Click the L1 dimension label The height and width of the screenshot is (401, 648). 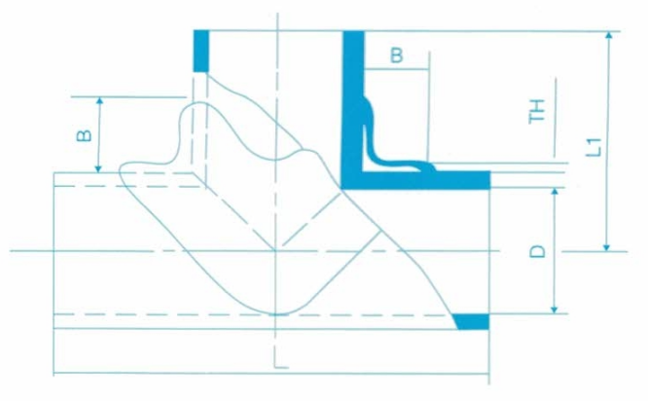(594, 147)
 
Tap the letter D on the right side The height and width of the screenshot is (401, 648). (538, 251)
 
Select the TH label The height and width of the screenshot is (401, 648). (537, 111)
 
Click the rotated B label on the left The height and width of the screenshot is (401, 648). (85, 135)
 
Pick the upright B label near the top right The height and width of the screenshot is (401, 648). (396, 55)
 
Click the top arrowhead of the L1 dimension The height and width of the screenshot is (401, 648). (608, 35)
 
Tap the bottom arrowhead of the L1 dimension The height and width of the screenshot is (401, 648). (606, 247)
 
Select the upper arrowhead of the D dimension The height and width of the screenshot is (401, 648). (555, 192)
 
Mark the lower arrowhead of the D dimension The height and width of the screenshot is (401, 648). (555, 310)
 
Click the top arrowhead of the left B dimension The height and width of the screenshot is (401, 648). (99, 101)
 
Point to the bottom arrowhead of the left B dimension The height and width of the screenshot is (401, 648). (98, 168)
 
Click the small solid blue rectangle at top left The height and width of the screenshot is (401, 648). (201, 51)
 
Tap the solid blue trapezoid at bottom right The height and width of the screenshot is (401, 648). (472, 321)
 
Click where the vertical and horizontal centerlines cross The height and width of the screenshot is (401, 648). (275, 251)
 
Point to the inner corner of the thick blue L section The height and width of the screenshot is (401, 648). (364, 170)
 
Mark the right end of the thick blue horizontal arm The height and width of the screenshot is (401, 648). (490, 180)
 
